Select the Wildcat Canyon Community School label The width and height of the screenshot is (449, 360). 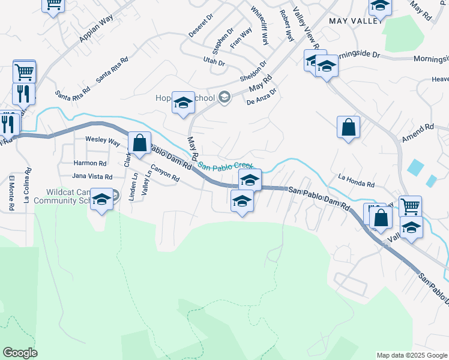(x=69, y=197)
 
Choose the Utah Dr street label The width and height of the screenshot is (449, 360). (x=213, y=62)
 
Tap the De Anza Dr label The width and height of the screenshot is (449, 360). (x=262, y=97)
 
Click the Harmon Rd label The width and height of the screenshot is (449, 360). (x=89, y=163)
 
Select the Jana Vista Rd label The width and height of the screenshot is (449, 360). (x=92, y=176)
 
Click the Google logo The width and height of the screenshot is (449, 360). (x=20, y=353)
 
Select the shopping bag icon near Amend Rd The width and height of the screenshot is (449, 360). (x=348, y=127)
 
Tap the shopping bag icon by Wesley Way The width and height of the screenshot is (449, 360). (x=139, y=143)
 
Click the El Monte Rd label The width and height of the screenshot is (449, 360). (x=11, y=193)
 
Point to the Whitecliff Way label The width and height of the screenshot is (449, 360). (x=260, y=26)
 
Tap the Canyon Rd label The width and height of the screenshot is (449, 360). (x=165, y=173)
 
